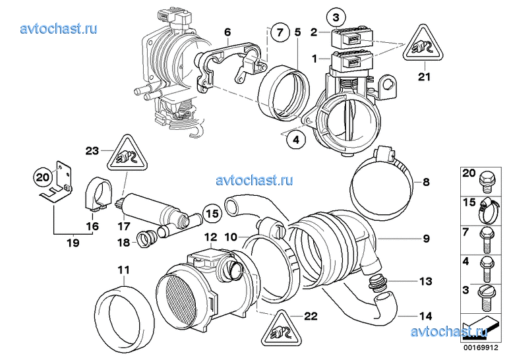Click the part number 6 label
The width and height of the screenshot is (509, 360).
(x=227, y=32)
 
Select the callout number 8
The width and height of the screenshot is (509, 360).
(x=426, y=181)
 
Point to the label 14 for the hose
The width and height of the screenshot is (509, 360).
(x=425, y=316)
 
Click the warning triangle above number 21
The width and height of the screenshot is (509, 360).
(x=423, y=45)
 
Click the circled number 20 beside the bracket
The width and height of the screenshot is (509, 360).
(x=42, y=177)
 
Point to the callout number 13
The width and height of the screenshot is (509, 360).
(x=425, y=282)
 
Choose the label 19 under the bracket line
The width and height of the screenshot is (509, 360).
(x=72, y=243)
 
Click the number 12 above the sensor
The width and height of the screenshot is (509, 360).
(x=210, y=236)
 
